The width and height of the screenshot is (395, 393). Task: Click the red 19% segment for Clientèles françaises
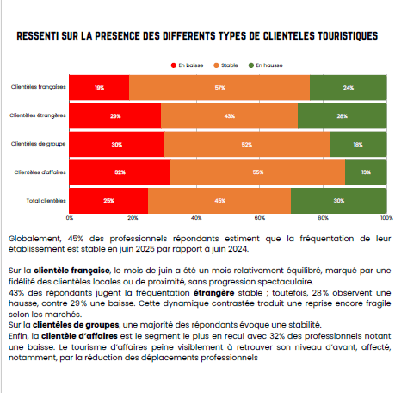[x=99, y=87]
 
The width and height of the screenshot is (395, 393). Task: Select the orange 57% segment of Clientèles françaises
[x=219, y=87]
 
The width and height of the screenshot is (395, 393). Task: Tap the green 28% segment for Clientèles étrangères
[x=343, y=115]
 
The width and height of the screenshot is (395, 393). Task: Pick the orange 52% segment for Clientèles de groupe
[x=247, y=144]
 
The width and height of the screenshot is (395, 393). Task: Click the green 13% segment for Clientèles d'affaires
[x=366, y=172]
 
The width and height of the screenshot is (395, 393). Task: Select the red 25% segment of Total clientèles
[x=108, y=201]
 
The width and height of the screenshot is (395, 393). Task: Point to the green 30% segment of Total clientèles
[x=339, y=201]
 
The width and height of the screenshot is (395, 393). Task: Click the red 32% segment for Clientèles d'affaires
[x=120, y=172]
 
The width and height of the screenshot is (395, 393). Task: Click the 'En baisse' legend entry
[x=187, y=65]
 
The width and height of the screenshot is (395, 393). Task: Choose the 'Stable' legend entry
[x=225, y=65]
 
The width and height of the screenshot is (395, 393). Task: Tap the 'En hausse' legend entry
[x=266, y=65]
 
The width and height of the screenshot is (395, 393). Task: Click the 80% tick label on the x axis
[x=323, y=218]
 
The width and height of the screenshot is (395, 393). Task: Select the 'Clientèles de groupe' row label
[x=39, y=144]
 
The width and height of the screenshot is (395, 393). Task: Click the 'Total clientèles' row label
[x=46, y=201]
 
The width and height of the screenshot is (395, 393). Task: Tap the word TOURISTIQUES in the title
[x=348, y=36]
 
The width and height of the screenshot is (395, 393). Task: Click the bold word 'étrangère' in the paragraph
[x=214, y=293]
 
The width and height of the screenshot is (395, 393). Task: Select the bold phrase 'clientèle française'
[x=71, y=271]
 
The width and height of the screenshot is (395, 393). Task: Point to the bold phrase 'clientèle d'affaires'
[x=79, y=336]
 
